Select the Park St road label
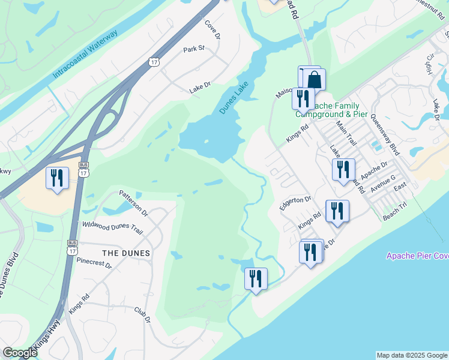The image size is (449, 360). (194, 49)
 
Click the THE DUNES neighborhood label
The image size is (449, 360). (126, 253)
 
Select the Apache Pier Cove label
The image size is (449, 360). (417, 256)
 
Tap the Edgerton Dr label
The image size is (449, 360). (295, 203)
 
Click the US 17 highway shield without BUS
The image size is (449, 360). (155, 61)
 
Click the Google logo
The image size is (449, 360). (19, 353)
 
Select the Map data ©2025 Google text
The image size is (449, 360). (411, 355)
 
